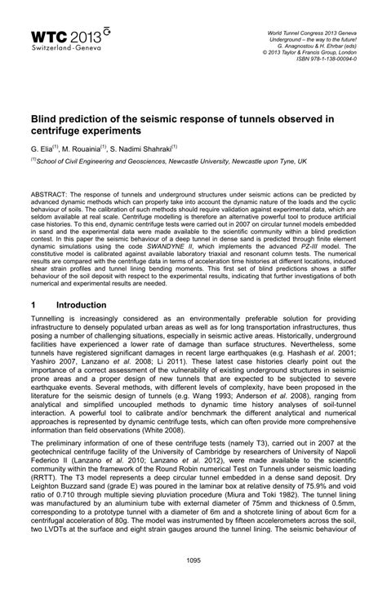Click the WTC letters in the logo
tap(48, 35)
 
